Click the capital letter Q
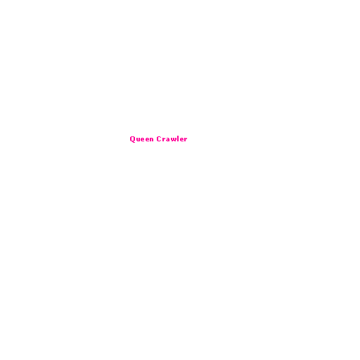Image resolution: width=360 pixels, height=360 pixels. [x=132, y=139]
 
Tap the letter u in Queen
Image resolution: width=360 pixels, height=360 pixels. [x=138, y=140]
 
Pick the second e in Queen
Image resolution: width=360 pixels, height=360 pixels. [x=148, y=140]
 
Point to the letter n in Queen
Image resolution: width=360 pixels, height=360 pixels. [x=152, y=140]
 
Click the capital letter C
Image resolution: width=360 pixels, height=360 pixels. [x=159, y=139]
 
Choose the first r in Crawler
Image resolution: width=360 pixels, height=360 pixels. [x=165, y=140]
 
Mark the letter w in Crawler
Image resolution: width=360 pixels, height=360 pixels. [x=174, y=140]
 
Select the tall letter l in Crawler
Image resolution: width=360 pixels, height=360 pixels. [x=179, y=139]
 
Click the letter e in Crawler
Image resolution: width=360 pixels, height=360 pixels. [x=182, y=140]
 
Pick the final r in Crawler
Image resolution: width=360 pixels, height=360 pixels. [x=186, y=140]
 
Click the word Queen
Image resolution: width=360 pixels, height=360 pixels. [x=142, y=139]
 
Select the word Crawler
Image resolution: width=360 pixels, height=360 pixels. [x=172, y=139]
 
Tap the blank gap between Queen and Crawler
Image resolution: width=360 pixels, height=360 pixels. [x=155, y=139]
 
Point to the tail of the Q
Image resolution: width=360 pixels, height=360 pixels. [x=134, y=142]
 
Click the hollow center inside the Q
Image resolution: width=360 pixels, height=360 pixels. [x=132, y=139]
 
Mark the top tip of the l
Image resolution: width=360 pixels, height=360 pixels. [x=179, y=136]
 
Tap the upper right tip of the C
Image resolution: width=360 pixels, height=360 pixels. [x=161, y=136]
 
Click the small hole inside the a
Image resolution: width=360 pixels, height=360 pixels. [x=169, y=141]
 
